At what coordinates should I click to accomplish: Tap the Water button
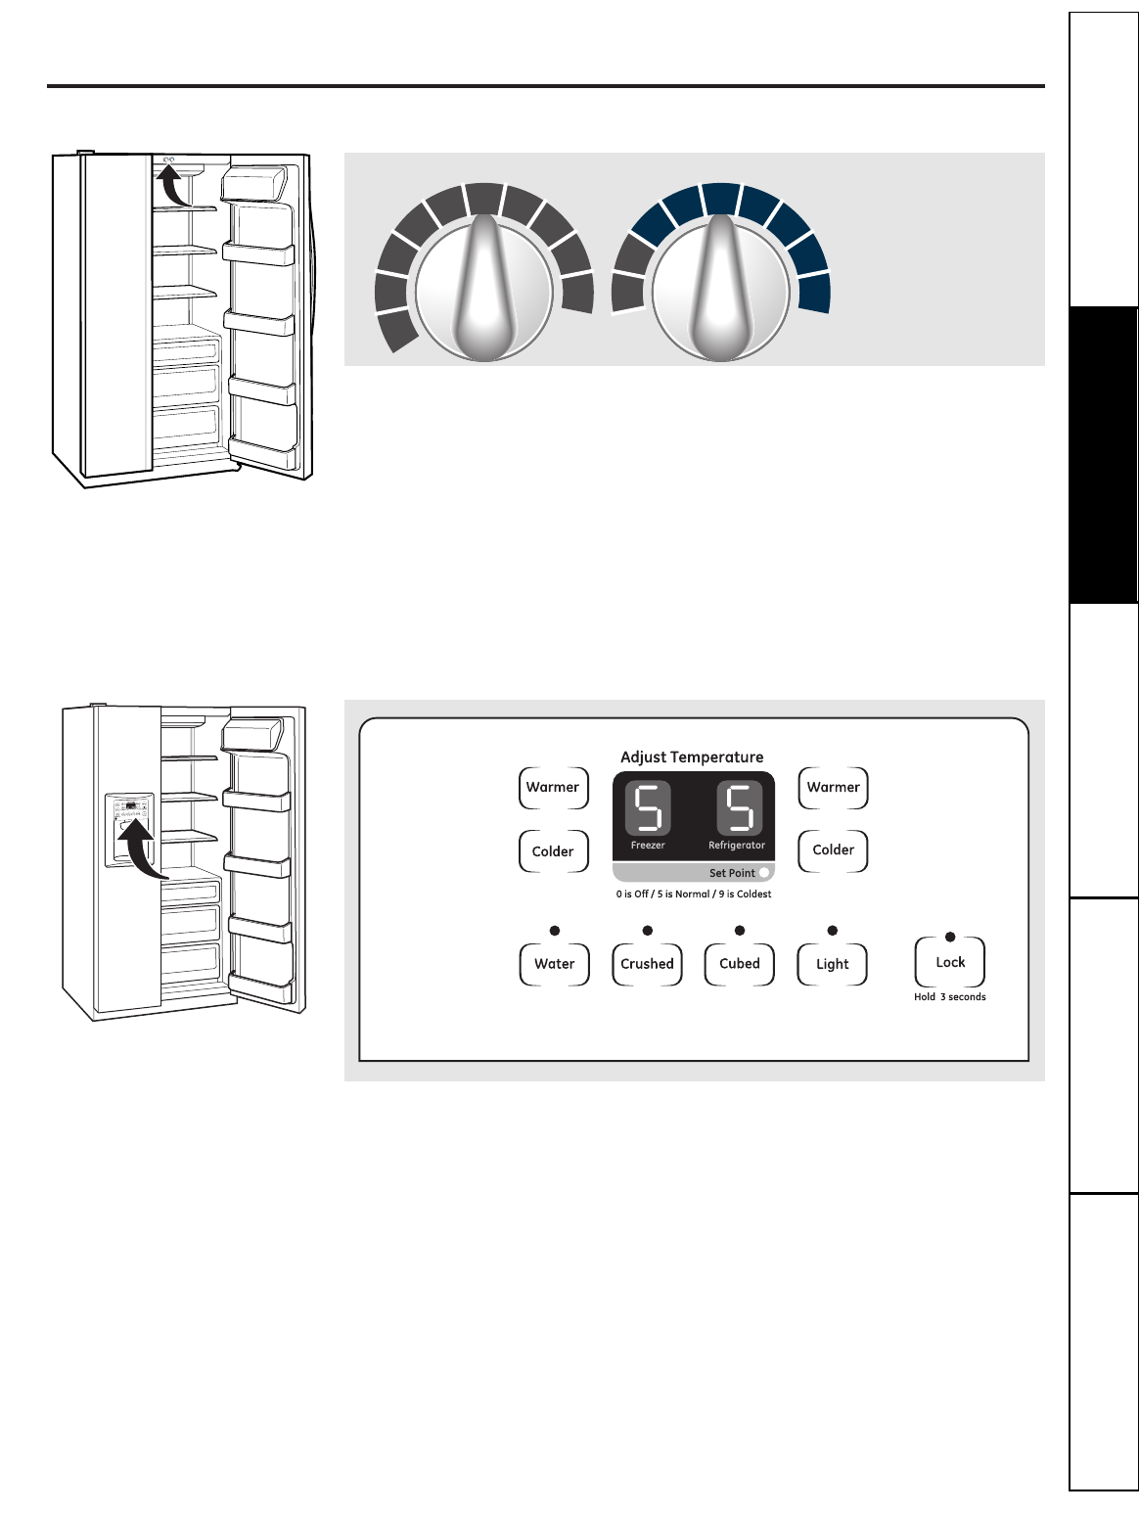click(554, 964)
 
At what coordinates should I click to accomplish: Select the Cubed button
click(739, 964)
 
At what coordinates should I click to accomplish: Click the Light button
click(832, 964)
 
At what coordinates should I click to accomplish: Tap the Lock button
click(949, 963)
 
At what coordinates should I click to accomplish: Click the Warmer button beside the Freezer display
click(553, 788)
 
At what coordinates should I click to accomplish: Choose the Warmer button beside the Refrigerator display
click(833, 788)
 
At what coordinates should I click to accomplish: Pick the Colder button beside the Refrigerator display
click(833, 850)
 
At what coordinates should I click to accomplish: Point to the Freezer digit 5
click(648, 808)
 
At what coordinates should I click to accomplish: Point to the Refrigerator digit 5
click(739, 808)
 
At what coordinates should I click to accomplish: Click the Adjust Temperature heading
click(692, 756)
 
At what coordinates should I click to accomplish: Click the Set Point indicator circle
click(764, 873)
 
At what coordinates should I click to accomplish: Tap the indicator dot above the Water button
click(555, 931)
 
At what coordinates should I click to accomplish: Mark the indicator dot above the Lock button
click(950, 938)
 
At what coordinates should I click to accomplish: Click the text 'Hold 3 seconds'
click(949, 997)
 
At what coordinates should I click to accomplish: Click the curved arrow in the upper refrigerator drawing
click(173, 187)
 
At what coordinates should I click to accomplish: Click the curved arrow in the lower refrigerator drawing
click(140, 847)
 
